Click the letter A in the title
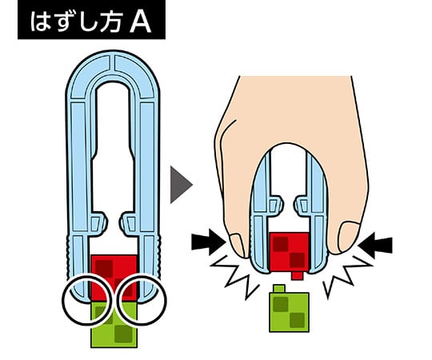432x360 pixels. [141, 22]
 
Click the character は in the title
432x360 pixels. [40, 22]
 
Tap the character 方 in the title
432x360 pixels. [110, 22]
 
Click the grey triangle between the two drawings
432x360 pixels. [181, 185]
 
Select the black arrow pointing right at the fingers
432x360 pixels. [208, 242]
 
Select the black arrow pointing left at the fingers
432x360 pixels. [375, 245]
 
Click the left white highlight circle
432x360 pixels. [88, 300]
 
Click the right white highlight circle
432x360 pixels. [142, 300]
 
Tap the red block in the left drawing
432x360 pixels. [114, 278]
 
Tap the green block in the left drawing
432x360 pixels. [114, 325]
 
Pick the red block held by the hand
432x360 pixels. [289, 252]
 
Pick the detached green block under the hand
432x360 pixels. [289, 312]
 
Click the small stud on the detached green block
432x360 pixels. [279, 289]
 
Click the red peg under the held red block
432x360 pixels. [297, 276]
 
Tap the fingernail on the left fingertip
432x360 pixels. [237, 245]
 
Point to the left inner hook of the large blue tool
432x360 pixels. [98, 222]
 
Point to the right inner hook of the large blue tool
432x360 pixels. [129, 222]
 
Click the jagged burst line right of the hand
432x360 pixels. [348, 277]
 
